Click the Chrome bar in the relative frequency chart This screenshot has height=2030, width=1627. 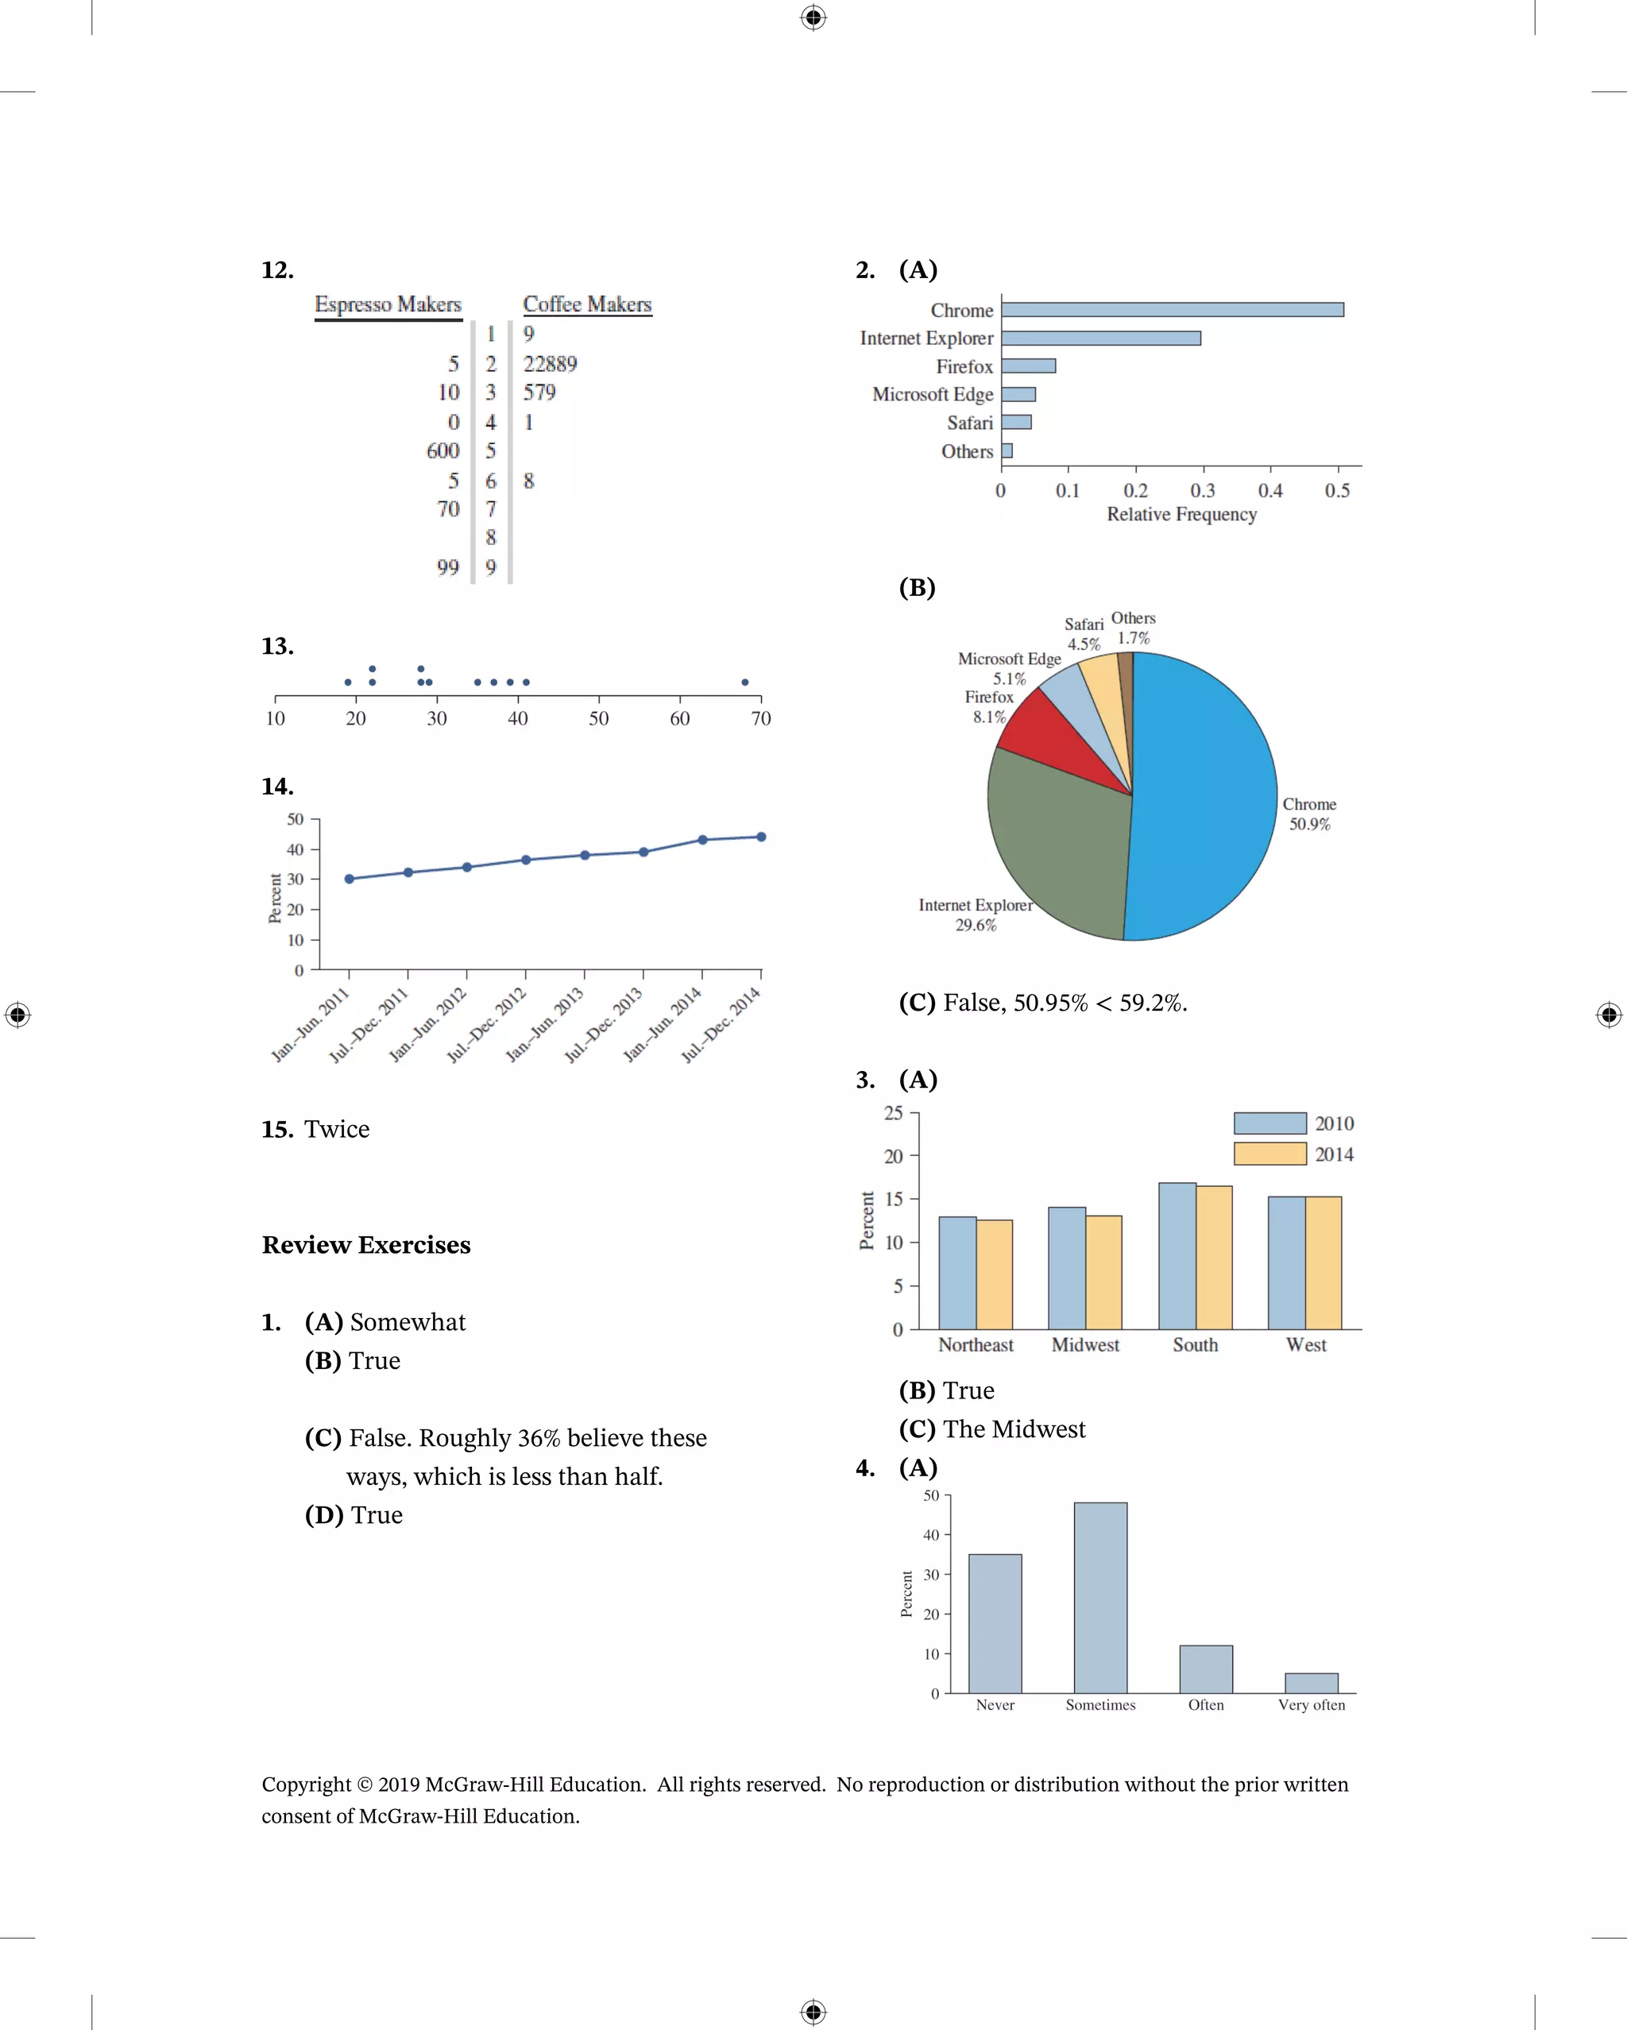pyautogui.click(x=1173, y=310)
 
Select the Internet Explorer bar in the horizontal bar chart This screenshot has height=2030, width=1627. pyautogui.click(x=1100, y=338)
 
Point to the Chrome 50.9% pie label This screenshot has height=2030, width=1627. pyautogui.click(x=1308, y=814)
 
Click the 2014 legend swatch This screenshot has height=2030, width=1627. pyautogui.click(x=1270, y=1154)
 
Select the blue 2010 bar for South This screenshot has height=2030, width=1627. pyautogui.click(x=1177, y=1256)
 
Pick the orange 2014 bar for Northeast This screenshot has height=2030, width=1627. pyautogui.click(x=995, y=1275)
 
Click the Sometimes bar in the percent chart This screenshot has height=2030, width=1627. pyautogui.click(x=1100, y=1598)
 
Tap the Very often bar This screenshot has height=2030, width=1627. pyautogui.click(x=1312, y=1684)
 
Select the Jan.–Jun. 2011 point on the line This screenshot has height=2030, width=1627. pyautogui.click(x=350, y=879)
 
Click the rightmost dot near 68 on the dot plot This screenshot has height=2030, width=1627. pyautogui.click(x=744, y=682)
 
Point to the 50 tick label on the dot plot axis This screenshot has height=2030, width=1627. pyautogui.click(x=599, y=718)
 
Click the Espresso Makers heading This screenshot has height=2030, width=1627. pyautogui.click(x=388, y=304)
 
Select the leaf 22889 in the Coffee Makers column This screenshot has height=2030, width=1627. pyautogui.click(x=550, y=363)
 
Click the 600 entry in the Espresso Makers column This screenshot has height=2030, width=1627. pyautogui.click(x=442, y=451)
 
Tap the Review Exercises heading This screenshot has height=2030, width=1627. pyautogui.click(x=366, y=1245)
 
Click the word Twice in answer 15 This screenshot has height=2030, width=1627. pyautogui.click(x=337, y=1129)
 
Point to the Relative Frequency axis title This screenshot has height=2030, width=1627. pyautogui.click(x=1181, y=514)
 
